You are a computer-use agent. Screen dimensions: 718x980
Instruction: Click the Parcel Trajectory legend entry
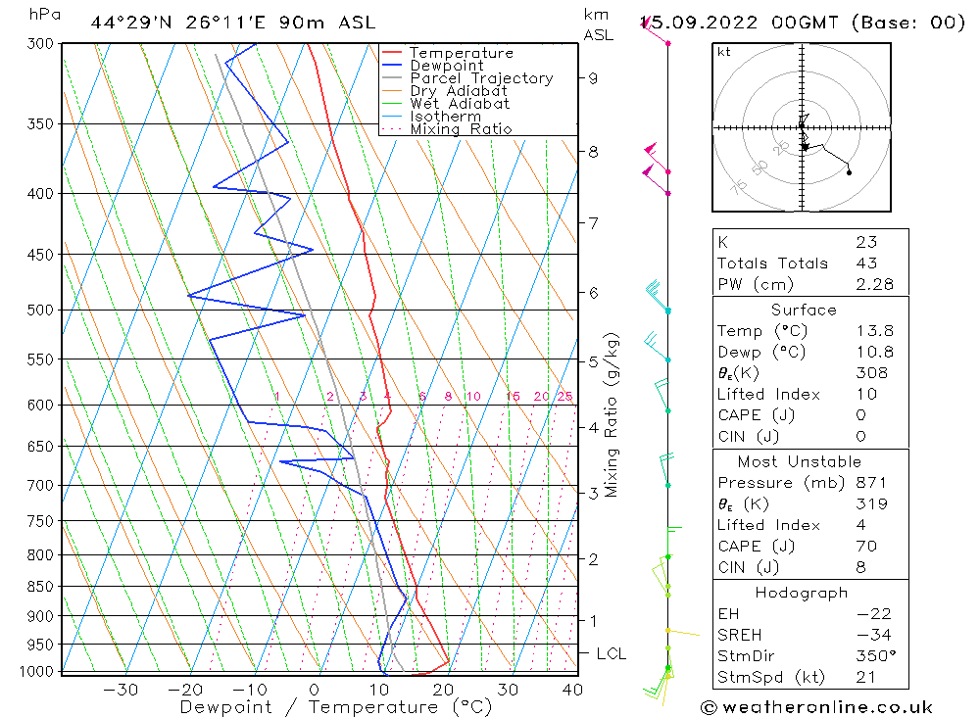tap(481, 78)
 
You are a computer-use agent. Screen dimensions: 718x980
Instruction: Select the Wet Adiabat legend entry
tap(460, 104)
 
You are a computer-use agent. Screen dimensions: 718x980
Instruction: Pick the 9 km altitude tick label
tap(594, 78)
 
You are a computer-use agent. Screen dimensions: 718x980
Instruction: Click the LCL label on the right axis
tap(611, 653)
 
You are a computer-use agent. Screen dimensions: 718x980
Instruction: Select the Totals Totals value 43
tap(866, 263)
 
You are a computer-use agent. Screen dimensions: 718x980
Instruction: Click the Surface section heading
tap(804, 311)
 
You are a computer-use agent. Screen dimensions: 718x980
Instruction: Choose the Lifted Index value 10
tap(865, 395)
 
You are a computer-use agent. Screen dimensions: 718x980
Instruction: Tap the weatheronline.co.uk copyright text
tap(816, 707)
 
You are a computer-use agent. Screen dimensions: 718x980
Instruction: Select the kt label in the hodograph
tap(723, 52)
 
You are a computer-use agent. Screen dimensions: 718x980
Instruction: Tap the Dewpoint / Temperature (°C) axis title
tap(335, 707)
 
